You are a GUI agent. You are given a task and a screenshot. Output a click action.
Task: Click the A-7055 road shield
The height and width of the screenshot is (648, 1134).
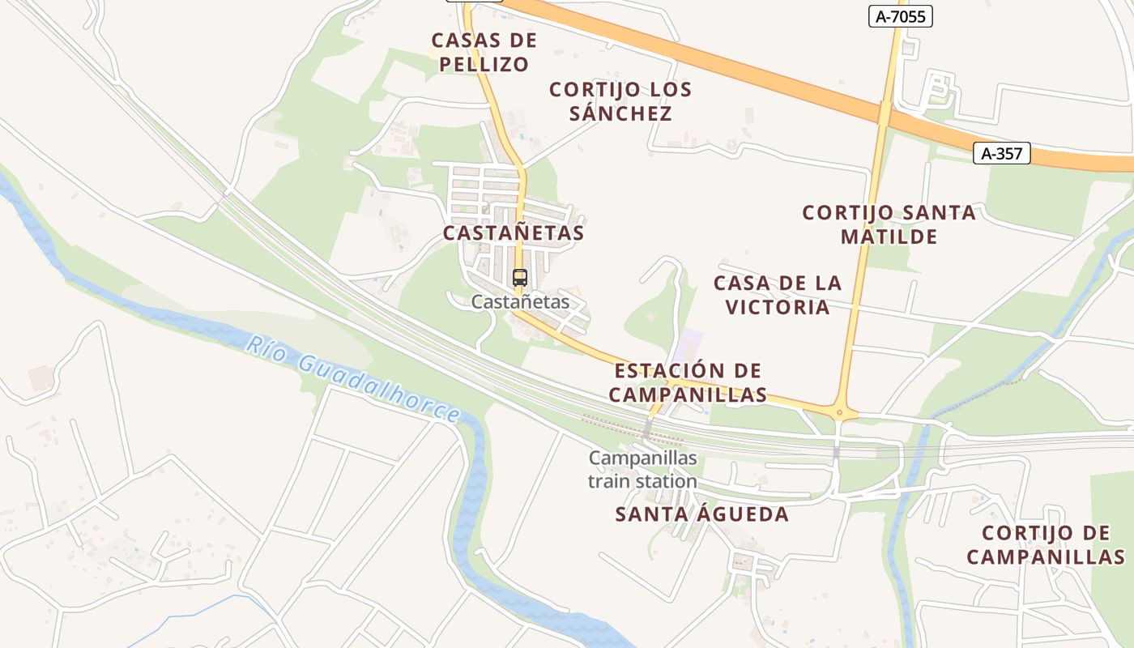901,16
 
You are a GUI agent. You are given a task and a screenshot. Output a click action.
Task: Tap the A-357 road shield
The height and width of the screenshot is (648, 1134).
1001,153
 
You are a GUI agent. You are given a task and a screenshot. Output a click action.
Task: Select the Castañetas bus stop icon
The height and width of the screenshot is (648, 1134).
520,278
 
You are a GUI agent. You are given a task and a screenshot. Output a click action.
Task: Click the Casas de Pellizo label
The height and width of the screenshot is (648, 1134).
484,52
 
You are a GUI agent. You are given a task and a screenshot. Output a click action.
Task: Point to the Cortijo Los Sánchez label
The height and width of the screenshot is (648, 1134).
620,101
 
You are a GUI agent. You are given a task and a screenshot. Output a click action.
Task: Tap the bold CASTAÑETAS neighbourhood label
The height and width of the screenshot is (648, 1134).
514,233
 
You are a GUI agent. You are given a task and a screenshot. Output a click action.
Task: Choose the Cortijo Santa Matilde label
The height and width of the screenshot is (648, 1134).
889,224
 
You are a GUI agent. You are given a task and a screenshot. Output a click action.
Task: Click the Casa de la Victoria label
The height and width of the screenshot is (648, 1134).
778,295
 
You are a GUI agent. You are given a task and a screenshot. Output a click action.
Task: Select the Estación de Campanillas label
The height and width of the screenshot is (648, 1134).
688,382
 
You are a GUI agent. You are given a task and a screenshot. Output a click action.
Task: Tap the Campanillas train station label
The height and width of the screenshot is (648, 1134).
642,470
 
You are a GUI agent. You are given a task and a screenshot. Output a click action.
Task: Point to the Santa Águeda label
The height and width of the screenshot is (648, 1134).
701,514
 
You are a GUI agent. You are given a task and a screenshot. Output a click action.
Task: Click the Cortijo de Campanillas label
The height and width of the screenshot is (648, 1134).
1046,545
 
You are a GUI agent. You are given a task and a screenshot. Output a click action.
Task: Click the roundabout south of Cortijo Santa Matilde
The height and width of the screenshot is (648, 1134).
842,412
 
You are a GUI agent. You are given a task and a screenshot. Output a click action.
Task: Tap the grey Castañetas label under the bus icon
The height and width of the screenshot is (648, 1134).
520,302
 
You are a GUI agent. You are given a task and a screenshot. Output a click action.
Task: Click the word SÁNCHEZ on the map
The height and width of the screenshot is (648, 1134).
620,113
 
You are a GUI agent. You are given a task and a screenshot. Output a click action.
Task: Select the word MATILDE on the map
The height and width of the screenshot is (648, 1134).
889,237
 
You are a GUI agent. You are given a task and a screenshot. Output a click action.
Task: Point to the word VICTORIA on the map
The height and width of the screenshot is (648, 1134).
778,307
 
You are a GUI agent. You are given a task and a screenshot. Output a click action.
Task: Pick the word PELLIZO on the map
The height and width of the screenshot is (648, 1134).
484,64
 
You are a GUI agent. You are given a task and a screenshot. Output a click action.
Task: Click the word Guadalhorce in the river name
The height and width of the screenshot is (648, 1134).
378,390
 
